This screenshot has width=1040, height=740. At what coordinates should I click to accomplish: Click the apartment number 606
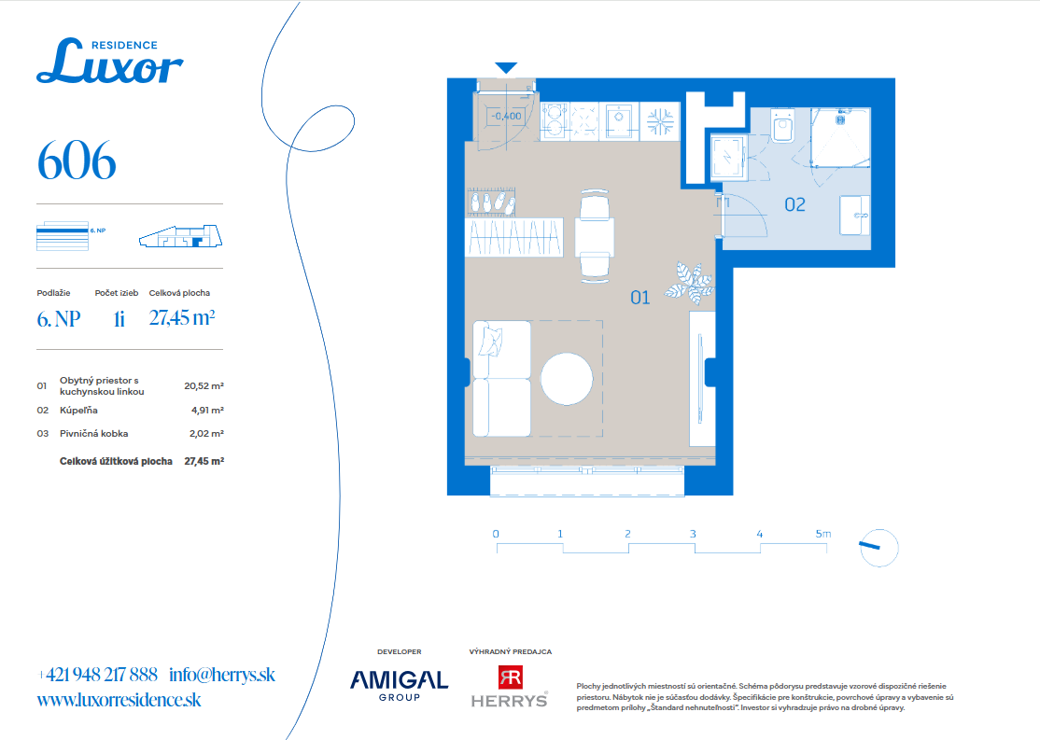(77, 161)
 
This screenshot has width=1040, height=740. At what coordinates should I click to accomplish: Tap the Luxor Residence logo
(110, 61)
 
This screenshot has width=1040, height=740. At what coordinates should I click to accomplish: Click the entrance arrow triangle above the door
(506, 67)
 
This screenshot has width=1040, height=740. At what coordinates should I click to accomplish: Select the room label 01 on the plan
(640, 298)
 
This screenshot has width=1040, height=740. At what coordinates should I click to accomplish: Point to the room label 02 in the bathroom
(794, 205)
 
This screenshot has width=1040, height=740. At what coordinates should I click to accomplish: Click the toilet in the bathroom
(782, 126)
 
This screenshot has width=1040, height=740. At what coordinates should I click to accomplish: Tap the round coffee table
(567, 379)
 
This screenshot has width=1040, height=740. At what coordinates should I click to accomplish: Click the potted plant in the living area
(690, 283)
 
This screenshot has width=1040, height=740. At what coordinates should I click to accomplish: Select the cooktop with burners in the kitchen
(555, 120)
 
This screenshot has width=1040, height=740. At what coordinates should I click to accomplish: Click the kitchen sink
(619, 120)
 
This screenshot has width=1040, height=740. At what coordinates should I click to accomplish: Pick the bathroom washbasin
(854, 215)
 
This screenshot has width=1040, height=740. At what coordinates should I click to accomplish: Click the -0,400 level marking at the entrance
(506, 116)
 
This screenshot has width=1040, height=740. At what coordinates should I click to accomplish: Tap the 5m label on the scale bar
(823, 534)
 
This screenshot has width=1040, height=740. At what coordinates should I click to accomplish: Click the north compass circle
(878, 549)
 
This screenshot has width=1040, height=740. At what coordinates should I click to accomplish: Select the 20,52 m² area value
(204, 386)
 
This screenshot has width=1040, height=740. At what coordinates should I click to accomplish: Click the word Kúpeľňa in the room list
(78, 411)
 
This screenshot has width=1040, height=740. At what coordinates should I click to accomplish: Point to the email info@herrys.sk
(222, 675)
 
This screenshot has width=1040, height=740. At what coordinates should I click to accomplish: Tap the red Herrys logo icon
(510, 677)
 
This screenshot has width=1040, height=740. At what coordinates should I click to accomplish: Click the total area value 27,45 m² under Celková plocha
(182, 317)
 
